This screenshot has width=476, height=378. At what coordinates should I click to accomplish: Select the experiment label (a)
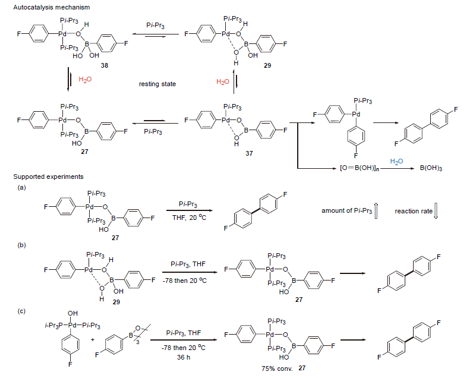[22, 187]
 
